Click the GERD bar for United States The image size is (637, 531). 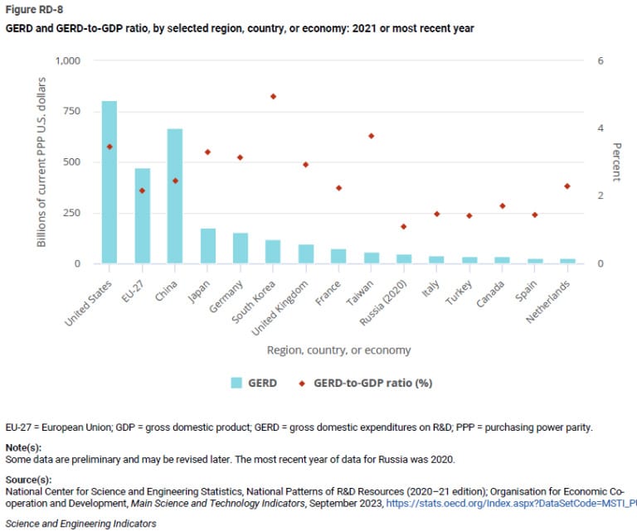coord(109,182)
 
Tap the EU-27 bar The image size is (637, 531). coord(142,216)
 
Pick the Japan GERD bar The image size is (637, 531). coord(207,246)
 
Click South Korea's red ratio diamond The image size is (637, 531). coord(273,96)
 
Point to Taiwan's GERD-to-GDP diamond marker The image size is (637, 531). coord(372,136)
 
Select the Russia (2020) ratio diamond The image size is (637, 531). coord(404,226)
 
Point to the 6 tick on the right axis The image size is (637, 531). coord(601,61)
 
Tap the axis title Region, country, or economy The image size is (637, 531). coord(338,350)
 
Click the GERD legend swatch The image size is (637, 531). coord(237,383)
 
